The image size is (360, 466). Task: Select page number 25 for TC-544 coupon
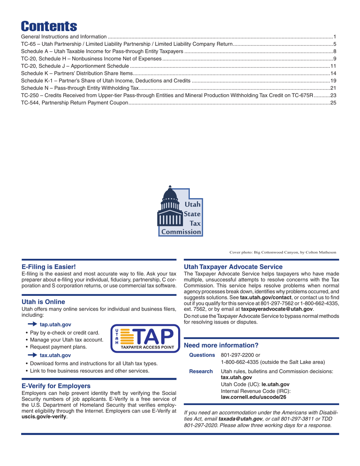pyautogui.click(x=334, y=103)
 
